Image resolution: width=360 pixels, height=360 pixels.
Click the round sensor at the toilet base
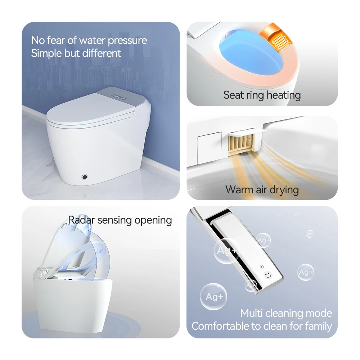point(85,177)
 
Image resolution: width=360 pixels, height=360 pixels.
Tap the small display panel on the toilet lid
point(119,97)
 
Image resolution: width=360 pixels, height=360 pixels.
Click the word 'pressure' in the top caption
point(127,41)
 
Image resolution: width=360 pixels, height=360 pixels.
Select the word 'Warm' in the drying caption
point(239,190)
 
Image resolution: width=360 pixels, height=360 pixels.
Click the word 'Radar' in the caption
point(82,220)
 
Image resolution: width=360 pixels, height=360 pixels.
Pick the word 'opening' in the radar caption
point(153,220)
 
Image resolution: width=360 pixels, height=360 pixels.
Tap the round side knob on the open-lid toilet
point(40,275)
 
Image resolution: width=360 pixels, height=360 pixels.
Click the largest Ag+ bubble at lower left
point(213,296)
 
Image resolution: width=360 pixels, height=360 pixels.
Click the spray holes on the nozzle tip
point(267,275)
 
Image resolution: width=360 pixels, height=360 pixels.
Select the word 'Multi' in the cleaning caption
point(251,313)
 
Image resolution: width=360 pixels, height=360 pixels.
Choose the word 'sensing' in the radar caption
point(115,220)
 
